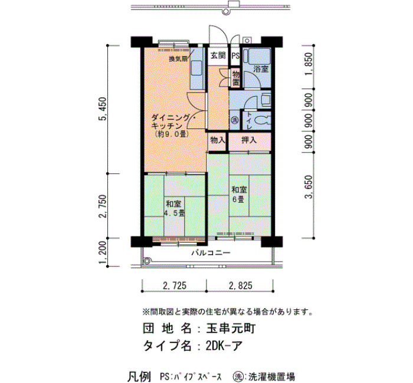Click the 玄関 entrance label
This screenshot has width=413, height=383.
[x=218, y=56]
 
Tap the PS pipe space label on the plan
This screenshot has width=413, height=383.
[x=235, y=56]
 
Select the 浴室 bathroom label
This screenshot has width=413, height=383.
[x=261, y=70]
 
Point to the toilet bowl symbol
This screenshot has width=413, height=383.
[x=263, y=120]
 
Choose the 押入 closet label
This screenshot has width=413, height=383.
[x=249, y=140]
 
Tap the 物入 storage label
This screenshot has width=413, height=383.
[x=218, y=140]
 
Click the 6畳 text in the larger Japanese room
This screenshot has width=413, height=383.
[x=238, y=199]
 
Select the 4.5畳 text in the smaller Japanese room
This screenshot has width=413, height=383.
[x=174, y=213]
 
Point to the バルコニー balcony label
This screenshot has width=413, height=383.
[x=211, y=253]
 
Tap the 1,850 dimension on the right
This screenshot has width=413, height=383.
[x=309, y=64]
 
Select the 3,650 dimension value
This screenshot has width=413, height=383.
[x=309, y=187]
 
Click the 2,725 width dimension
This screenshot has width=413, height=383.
[x=175, y=285]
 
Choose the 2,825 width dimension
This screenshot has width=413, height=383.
[x=241, y=285]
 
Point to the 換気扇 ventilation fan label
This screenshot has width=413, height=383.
[x=178, y=59]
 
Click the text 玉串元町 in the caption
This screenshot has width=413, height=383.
[x=231, y=329]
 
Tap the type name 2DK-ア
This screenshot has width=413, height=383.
[x=224, y=346]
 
